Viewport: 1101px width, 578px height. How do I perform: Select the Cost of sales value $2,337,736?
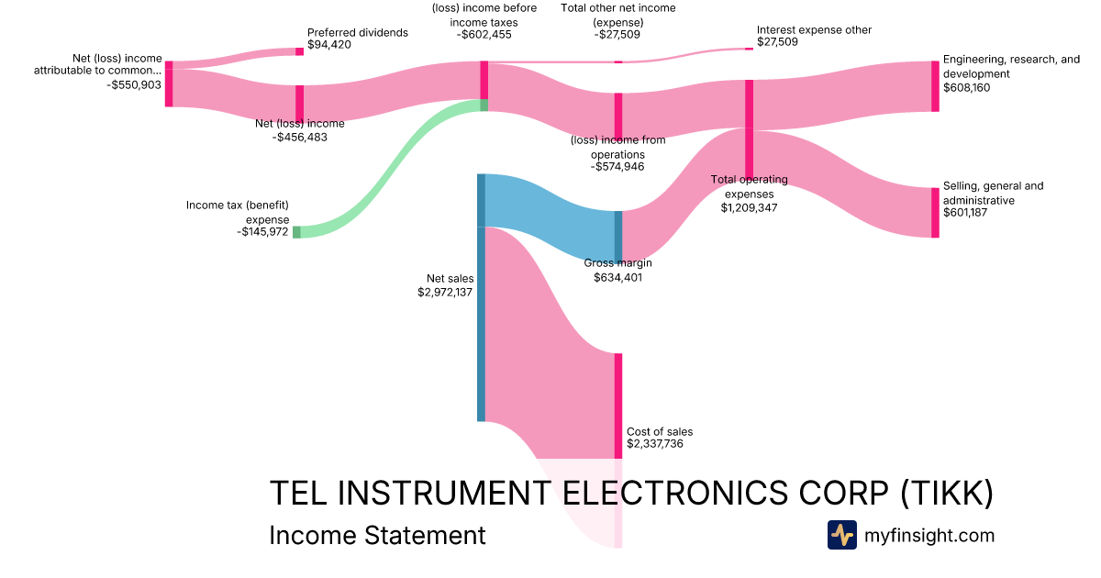[654, 444]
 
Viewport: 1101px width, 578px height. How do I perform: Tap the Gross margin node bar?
[618, 236]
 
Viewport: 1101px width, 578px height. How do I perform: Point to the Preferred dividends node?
[299, 51]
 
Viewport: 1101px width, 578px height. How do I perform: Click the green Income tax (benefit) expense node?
[296, 232]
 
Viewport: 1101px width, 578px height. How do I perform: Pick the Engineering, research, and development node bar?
[935, 86]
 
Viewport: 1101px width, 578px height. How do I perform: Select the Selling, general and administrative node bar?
[935, 213]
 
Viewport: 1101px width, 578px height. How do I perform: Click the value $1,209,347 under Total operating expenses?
[749, 208]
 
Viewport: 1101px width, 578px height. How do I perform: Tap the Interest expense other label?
[814, 30]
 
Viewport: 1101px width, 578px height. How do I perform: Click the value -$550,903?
[134, 84]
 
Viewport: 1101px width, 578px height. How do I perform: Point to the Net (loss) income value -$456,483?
[300, 137]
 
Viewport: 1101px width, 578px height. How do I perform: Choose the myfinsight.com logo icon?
[841, 535]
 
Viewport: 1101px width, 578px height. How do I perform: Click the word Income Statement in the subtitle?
[377, 535]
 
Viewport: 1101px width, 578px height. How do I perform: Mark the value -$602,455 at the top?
[484, 35]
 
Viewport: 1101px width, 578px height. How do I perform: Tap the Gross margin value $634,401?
[617, 277]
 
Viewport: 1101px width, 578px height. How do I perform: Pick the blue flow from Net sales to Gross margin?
[550, 216]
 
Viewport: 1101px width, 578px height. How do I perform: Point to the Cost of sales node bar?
[618, 405]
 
